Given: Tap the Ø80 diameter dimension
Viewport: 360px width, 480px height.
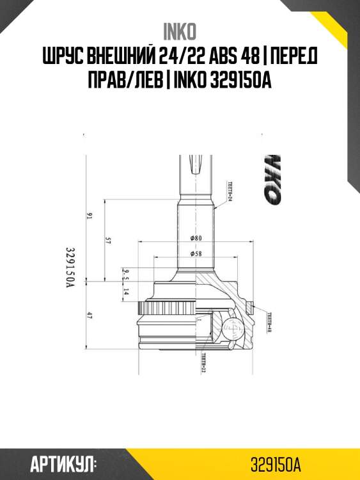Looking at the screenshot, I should pyautogui.click(x=196, y=238).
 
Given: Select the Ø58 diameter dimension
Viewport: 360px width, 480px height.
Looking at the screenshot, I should pyautogui.click(x=196, y=254).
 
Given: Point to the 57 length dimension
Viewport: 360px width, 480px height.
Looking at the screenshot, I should pyautogui.click(x=108, y=241).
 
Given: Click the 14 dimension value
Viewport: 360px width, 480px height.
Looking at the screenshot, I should pyautogui.click(x=125, y=292).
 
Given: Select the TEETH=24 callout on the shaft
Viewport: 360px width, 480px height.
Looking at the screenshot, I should pyautogui.click(x=228, y=191).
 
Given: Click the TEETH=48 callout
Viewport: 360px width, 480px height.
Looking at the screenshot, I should pyautogui.click(x=269, y=322).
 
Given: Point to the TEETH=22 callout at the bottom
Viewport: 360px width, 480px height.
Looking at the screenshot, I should pyautogui.click(x=203, y=362).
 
